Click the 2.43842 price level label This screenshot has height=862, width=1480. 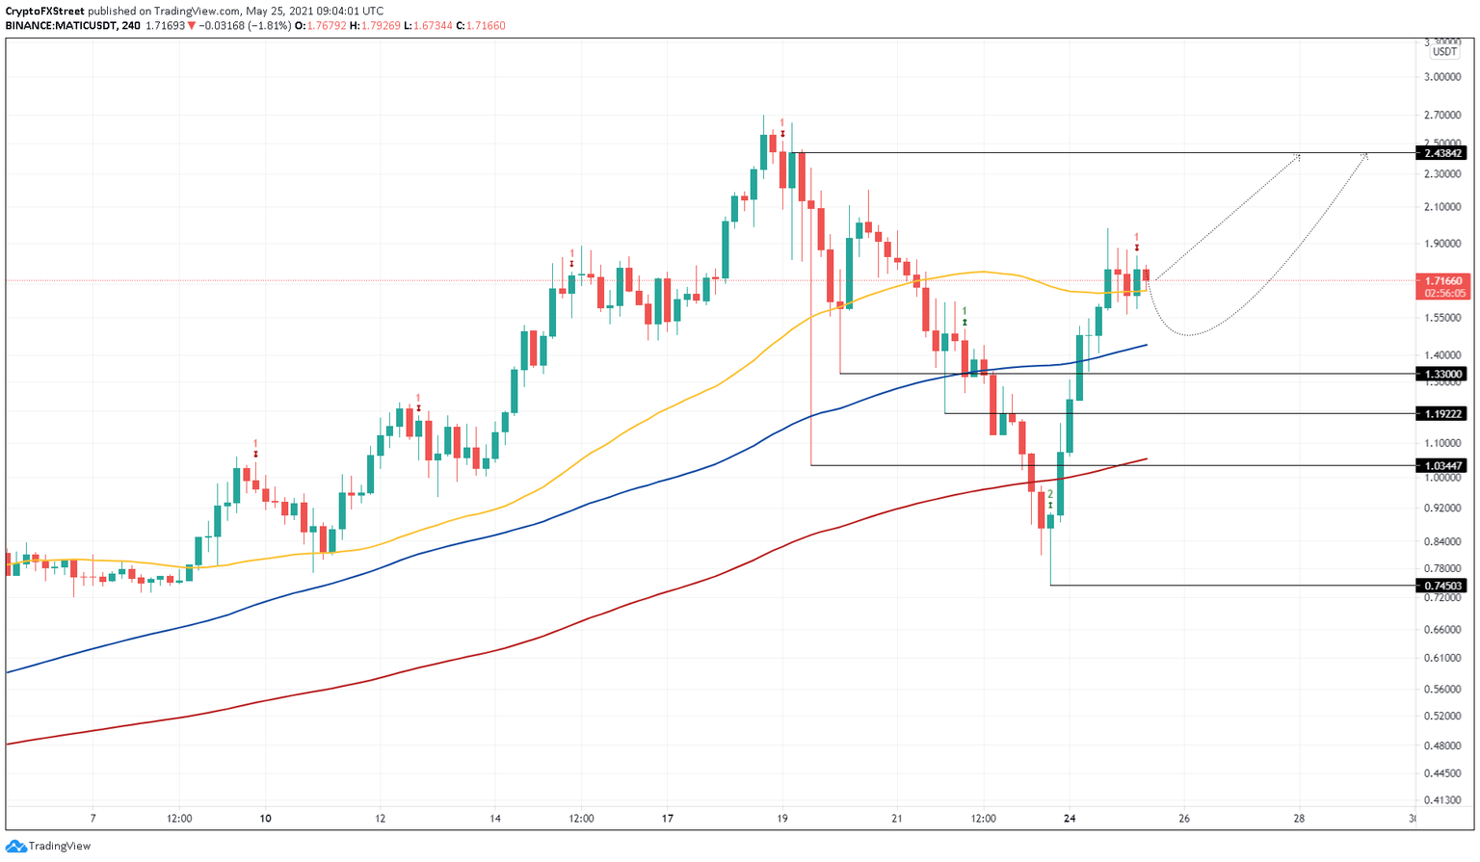pos(1442,153)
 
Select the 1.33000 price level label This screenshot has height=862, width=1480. pos(1442,374)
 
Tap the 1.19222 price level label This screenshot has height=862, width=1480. pos(1442,413)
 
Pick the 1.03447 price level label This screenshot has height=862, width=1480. pos(1442,465)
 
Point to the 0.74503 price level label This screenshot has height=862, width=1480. pos(1442,586)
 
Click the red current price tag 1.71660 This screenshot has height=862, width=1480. pos(1442,281)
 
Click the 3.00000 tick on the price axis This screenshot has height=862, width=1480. pos(1442,77)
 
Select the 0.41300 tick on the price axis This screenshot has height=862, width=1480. pos(1442,800)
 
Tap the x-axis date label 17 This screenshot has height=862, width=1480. pos(668,819)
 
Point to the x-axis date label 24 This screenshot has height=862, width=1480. pos(1070,819)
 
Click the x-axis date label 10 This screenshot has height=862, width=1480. pos(265,819)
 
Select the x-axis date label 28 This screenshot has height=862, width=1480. pos(1299,819)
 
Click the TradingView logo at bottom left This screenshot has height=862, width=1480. pos(49,846)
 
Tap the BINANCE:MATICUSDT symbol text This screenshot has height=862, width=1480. pos(60,26)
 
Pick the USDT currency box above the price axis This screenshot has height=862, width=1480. pos(1443,52)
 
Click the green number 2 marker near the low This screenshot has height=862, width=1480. pos(1050,494)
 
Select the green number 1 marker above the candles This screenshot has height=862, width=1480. pos(965,311)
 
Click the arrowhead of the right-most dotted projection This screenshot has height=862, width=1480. pos(1365,155)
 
